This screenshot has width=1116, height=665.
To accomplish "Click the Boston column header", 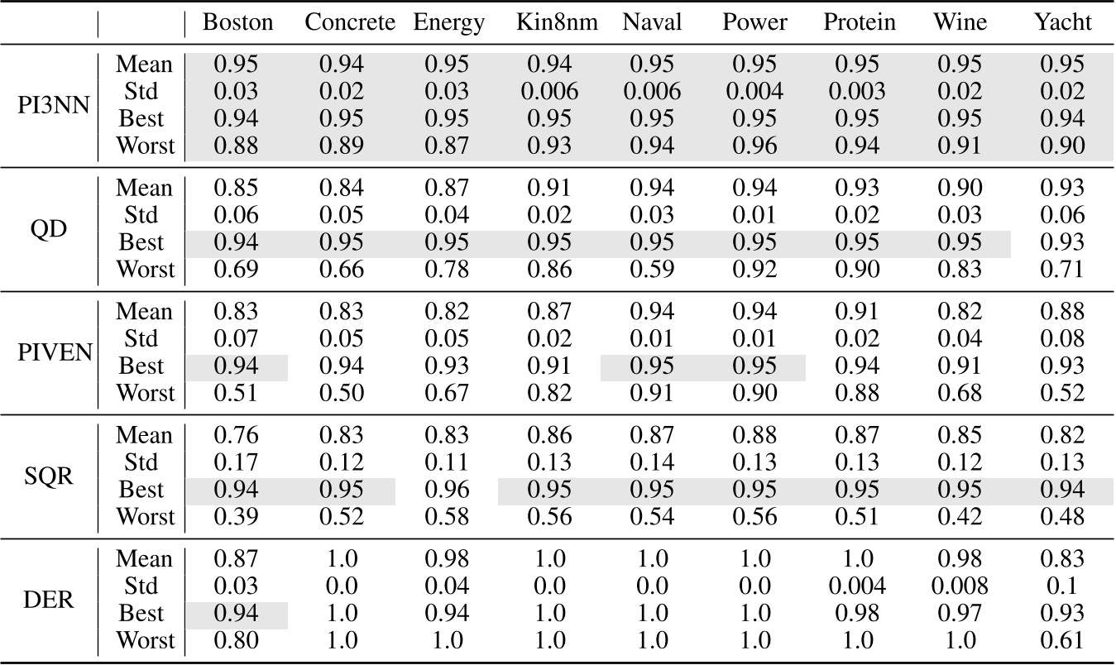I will tap(237, 22).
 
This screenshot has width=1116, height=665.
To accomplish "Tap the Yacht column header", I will tap(1062, 22).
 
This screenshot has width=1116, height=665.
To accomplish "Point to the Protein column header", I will tap(859, 22).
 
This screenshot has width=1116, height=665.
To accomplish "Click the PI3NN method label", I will tap(51, 105).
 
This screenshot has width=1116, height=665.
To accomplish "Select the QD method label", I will tap(51, 229).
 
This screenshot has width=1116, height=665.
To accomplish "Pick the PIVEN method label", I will tap(51, 352).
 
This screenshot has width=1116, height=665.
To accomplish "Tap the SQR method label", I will tap(51, 476).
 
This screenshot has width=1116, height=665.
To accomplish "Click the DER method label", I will tap(51, 600).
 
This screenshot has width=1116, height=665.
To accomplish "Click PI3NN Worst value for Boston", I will tap(236, 146).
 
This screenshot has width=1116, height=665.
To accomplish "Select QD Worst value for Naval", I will tap(652, 270).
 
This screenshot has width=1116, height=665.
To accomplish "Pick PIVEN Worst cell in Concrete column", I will tap(341, 394).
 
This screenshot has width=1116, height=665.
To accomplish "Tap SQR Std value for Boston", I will tap(236, 463).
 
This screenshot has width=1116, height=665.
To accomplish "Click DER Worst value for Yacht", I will tap(1062, 641).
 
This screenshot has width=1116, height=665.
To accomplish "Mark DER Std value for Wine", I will tap(960, 586).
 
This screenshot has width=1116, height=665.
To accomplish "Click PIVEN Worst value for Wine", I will tap(960, 394).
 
